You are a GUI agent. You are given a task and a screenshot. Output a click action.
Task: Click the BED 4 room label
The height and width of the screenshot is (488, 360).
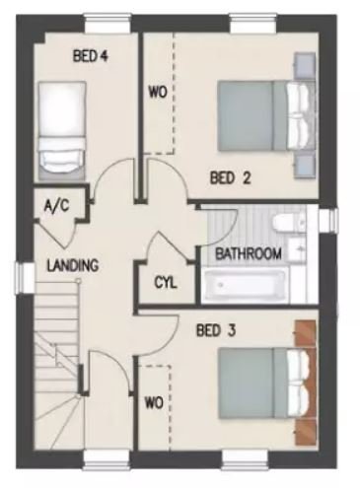pyautogui.click(x=91, y=56)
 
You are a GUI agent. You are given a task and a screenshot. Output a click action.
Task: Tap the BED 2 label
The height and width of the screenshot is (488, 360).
pyautogui.click(x=231, y=177)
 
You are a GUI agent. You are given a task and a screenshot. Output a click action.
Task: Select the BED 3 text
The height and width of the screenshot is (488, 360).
pyautogui.click(x=216, y=330)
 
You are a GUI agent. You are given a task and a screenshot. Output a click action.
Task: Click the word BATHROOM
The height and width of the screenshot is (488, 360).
pyautogui.click(x=249, y=253)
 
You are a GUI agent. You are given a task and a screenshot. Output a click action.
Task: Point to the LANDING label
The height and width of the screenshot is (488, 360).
pyautogui.click(x=73, y=265)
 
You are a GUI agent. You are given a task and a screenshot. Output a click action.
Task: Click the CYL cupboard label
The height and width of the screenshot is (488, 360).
pyautogui.click(x=166, y=282)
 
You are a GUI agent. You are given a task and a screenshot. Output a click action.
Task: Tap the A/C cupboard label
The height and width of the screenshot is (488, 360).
pyautogui.click(x=56, y=206)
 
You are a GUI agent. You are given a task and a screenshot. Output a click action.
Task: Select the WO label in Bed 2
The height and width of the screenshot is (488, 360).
pyautogui.click(x=158, y=93)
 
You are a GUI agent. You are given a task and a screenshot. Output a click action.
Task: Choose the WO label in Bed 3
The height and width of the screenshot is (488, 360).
pyautogui.click(x=154, y=402)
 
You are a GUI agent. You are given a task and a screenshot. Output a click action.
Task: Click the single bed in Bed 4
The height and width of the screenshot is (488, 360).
pyautogui.click(x=62, y=130)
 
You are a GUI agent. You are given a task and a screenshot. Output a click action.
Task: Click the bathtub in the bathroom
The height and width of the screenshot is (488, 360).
pyautogui.click(x=245, y=286)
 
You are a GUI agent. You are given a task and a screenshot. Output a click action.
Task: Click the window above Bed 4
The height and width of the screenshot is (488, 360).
pyautogui.click(x=107, y=24)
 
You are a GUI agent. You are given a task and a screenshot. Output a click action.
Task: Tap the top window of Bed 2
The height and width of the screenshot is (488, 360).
pyautogui.click(x=253, y=24)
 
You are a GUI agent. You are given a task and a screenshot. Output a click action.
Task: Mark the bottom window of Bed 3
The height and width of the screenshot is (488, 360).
pyautogui.click(x=246, y=459)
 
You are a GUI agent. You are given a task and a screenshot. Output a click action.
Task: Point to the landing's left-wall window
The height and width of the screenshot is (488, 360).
pyautogui.click(x=25, y=279)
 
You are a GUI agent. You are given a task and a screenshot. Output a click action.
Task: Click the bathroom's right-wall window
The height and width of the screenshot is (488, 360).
pyautogui.click(x=328, y=219)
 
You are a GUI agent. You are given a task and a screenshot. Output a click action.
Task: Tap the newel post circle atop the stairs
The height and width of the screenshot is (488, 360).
pyautogui.click(x=78, y=280)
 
